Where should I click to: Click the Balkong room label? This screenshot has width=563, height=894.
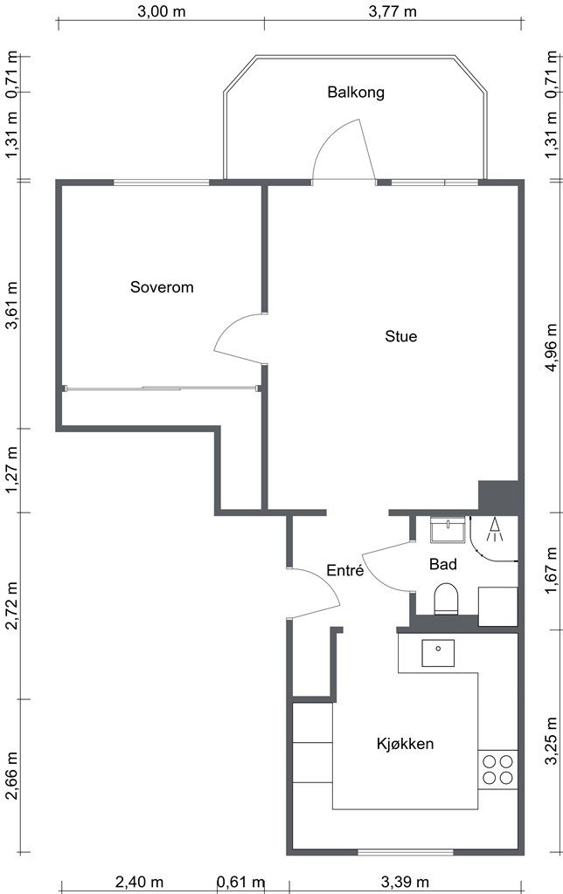(x=356, y=93)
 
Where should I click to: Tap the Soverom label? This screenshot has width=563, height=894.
(x=162, y=286)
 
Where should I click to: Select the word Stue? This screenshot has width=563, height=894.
(x=401, y=336)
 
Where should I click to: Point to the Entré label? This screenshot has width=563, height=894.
(x=344, y=570)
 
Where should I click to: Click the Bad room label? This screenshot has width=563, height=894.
(x=443, y=565)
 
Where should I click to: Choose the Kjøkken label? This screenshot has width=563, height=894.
(x=405, y=744)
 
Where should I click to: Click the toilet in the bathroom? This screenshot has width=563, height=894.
(x=447, y=599)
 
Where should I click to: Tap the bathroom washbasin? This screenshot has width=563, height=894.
(x=448, y=530)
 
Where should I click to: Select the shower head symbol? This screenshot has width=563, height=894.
(x=495, y=529)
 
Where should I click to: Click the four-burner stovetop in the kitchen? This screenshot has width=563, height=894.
(x=498, y=770)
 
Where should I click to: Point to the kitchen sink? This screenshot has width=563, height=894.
(x=438, y=653)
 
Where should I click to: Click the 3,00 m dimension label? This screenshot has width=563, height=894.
(x=162, y=11)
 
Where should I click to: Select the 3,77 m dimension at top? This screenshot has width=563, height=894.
(x=393, y=11)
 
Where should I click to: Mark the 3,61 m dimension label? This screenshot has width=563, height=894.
(x=11, y=305)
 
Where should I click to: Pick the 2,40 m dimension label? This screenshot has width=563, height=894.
(x=139, y=882)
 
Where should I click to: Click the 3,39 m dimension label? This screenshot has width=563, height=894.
(x=405, y=882)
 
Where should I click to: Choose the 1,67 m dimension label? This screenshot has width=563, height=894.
(x=551, y=571)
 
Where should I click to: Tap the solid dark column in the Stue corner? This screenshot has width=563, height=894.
(x=498, y=497)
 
